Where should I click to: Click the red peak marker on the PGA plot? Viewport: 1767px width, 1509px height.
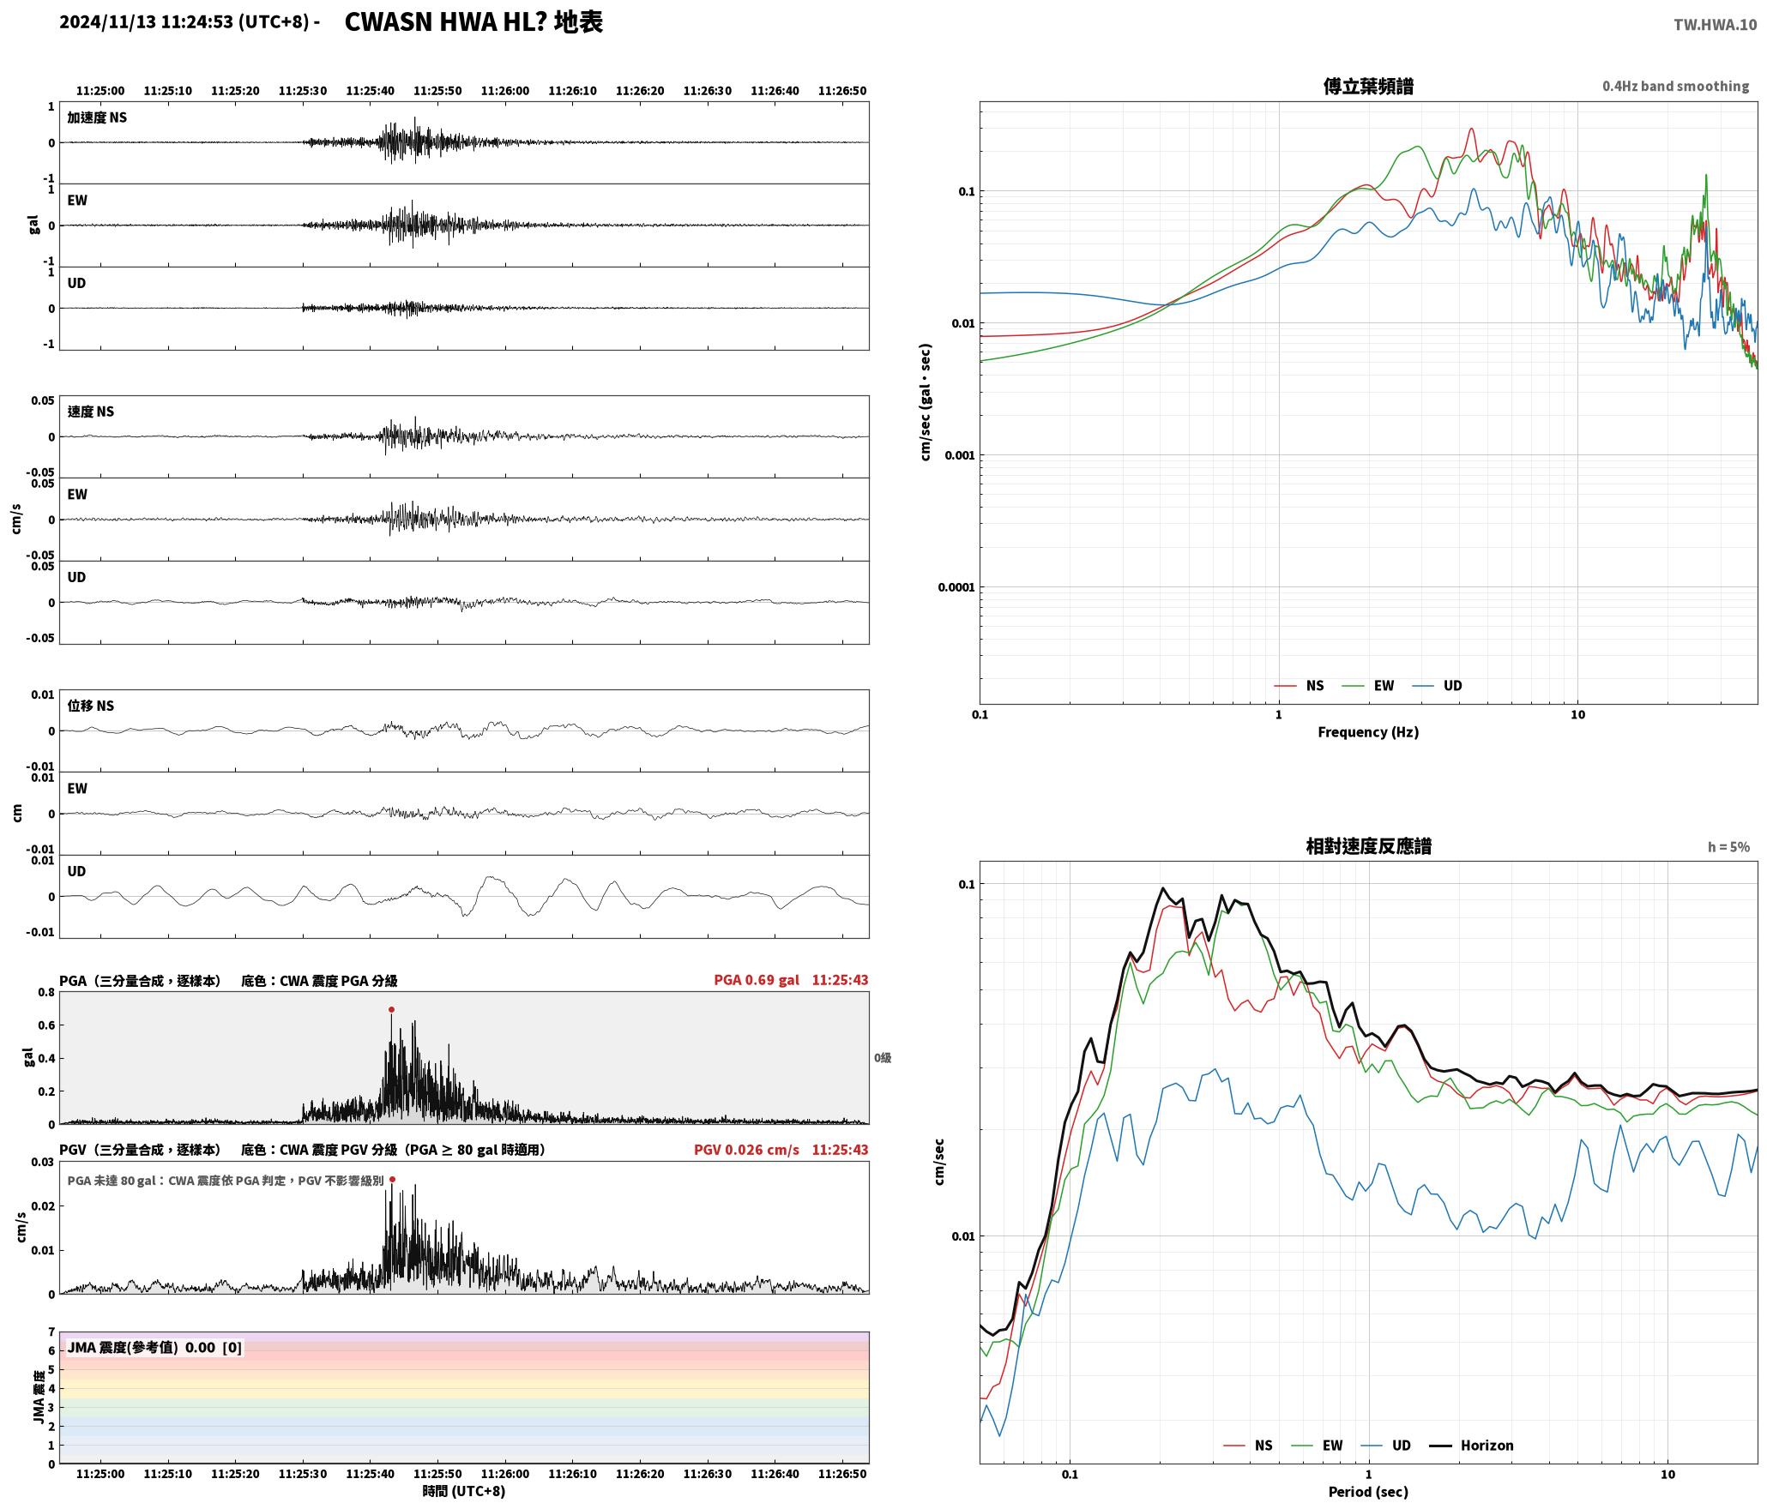coord(391,1009)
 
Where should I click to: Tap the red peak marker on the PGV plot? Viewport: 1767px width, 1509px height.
coord(392,1179)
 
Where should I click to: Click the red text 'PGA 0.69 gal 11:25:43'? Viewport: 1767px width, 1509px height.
coord(791,979)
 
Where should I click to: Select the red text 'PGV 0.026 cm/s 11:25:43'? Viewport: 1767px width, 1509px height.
coord(781,1149)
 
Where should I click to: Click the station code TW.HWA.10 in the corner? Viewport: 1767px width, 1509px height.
coord(1715,24)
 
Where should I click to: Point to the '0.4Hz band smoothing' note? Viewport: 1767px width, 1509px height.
coord(1675,86)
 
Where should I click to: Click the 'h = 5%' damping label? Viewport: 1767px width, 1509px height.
coord(1728,847)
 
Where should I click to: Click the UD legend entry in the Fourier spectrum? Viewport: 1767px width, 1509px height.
coord(1438,685)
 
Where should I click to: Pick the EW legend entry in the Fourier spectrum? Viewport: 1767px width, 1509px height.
coord(1368,685)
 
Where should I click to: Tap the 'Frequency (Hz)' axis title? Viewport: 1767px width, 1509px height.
coord(1368,731)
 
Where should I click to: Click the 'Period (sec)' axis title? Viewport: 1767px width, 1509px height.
coord(1368,1491)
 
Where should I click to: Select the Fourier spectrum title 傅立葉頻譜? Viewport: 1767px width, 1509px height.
coord(1368,86)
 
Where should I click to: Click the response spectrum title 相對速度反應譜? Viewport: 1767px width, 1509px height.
coord(1368,846)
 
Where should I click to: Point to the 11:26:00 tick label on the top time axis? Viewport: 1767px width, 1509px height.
coord(504,90)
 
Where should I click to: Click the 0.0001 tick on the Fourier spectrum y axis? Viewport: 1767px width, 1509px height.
coord(956,587)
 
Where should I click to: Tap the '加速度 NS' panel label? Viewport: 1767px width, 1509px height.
coord(97,117)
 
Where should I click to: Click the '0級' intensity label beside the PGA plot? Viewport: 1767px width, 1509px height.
coord(883,1057)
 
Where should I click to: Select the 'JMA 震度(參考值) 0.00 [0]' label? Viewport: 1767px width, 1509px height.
coord(154,1347)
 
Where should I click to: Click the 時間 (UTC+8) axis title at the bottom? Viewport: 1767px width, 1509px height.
coord(463,1490)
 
